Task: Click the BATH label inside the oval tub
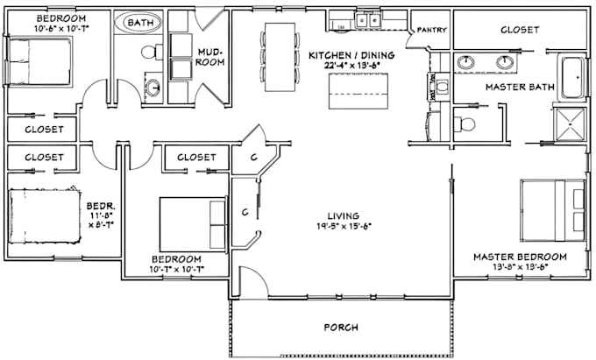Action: click(x=138, y=21)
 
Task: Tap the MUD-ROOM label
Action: click(x=209, y=57)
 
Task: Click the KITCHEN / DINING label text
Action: click(x=351, y=56)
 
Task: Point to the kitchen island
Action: click(x=358, y=90)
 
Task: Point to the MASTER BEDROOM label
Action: click(x=519, y=257)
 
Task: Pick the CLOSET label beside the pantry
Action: click(x=520, y=29)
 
